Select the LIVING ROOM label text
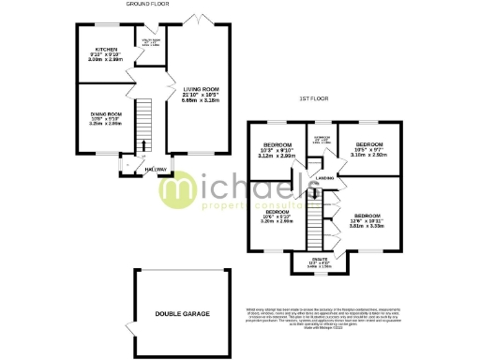196,87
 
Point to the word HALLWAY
156,168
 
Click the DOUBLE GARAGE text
183,312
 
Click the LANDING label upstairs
325,177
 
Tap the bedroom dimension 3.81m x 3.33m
367,225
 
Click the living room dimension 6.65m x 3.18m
196,99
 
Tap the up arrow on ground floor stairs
144,142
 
